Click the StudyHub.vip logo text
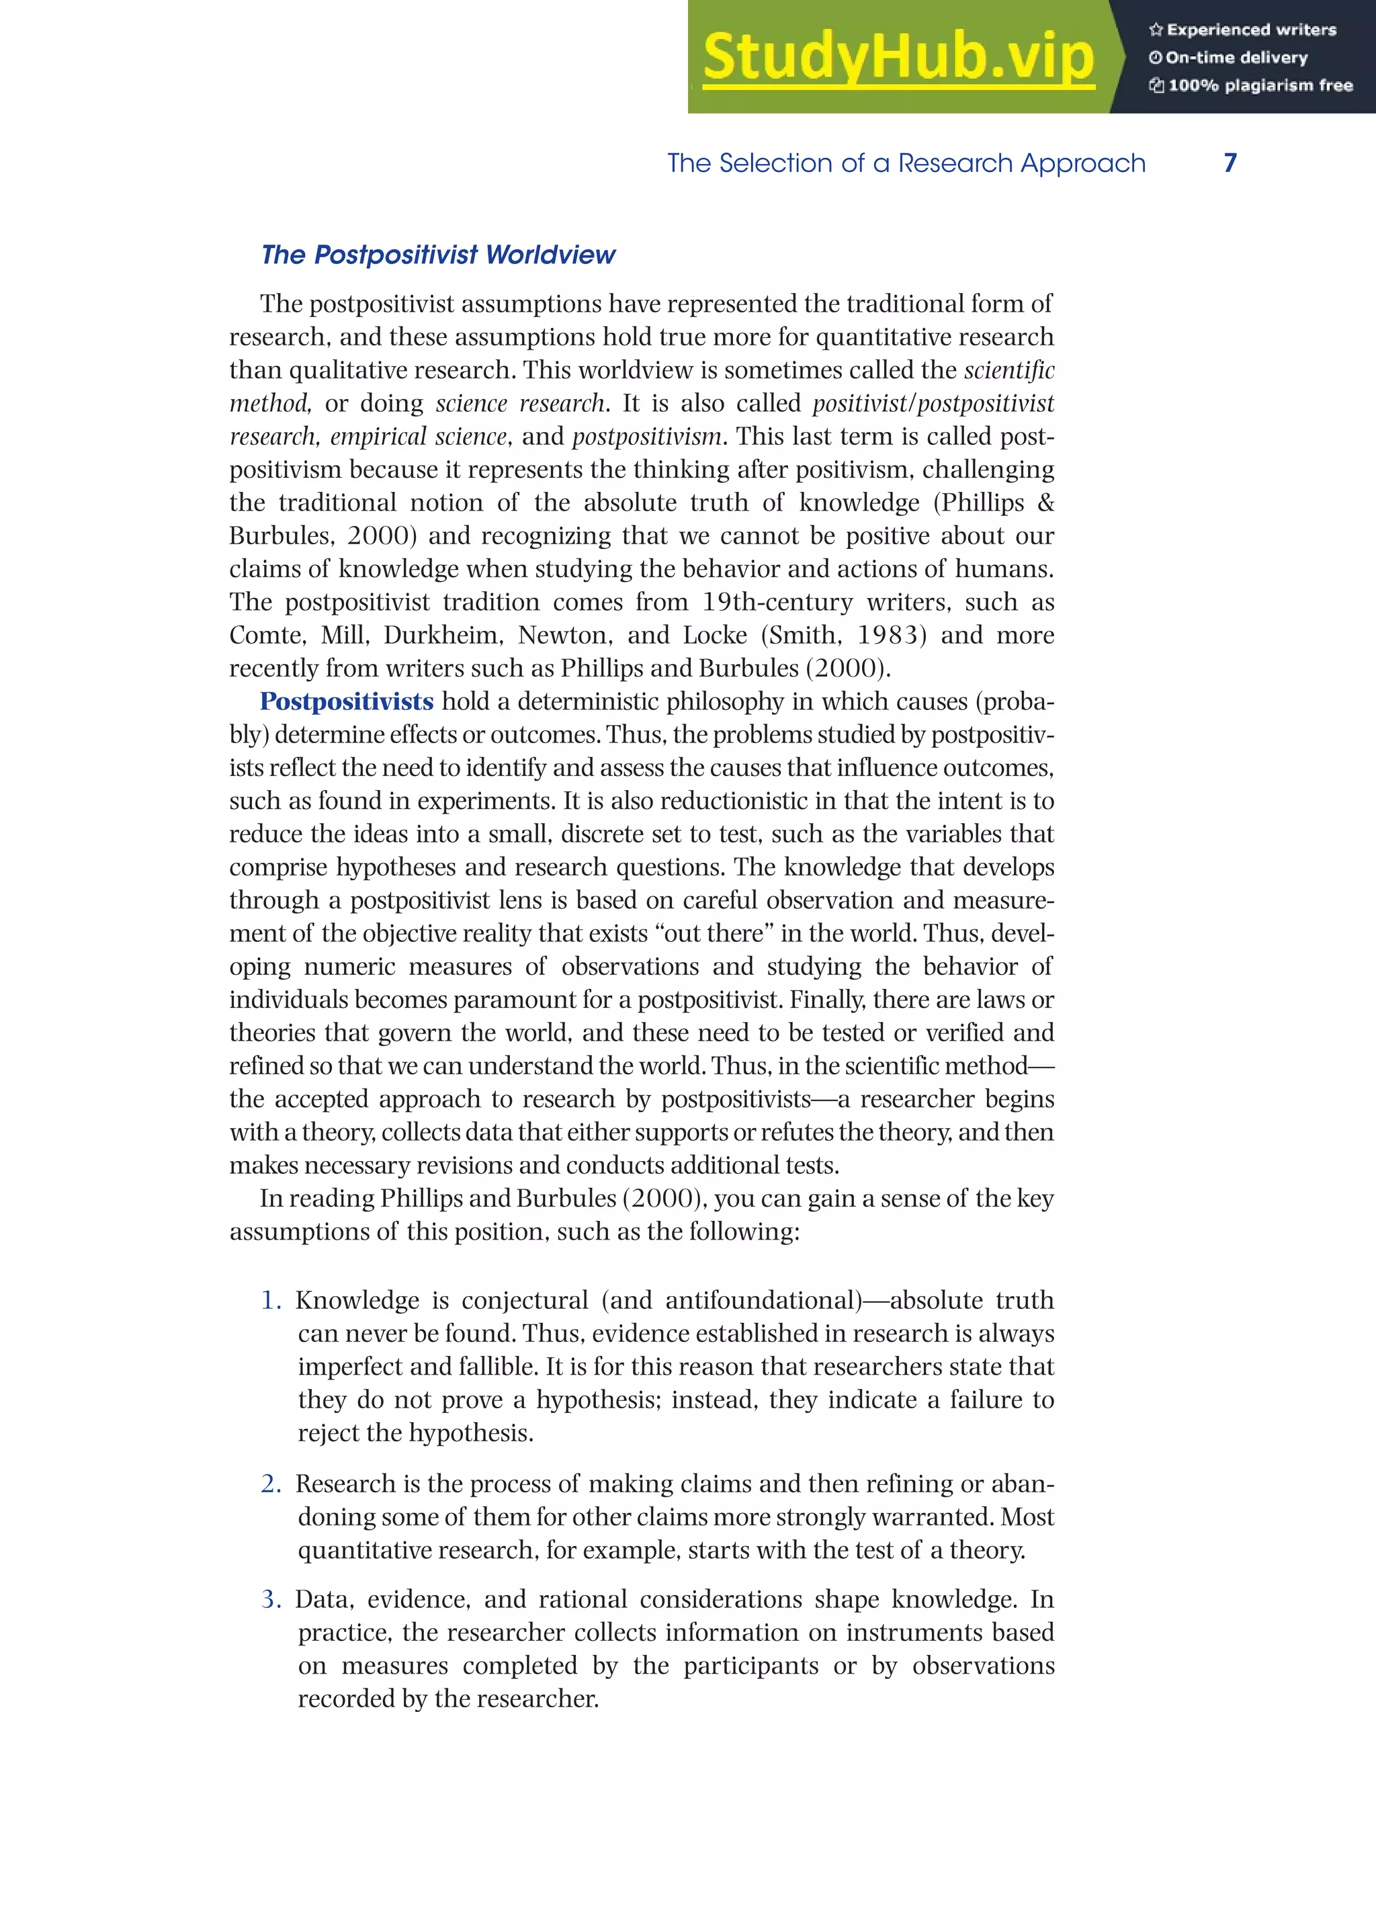pos(898,58)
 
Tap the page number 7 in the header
pos(1230,163)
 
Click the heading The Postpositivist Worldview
pos(438,255)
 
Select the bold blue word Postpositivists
pos(347,701)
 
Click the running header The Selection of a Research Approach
pos(906,163)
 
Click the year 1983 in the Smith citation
pos(892,636)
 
